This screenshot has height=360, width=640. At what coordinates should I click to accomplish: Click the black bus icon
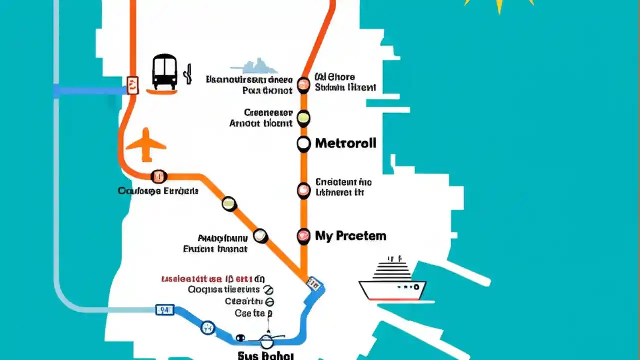(x=164, y=72)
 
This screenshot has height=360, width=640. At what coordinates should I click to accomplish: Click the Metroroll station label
(x=345, y=144)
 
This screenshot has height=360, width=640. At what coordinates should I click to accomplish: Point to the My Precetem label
(x=350, y=236)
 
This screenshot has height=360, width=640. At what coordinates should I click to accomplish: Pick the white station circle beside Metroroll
(x=303, y=144)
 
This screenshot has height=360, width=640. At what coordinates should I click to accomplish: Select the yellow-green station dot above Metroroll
(x=303, y=118)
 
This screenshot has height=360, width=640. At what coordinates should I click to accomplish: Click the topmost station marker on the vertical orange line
(x=303, y=85)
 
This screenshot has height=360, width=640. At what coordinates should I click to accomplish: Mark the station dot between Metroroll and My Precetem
(x=303, y=190)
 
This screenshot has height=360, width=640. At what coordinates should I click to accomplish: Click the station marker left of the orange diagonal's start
(x=158, y=176)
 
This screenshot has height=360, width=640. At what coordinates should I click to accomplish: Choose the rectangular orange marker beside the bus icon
(x=132, y=85)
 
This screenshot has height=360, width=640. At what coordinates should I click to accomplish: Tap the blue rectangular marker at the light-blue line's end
(x=165, y=310)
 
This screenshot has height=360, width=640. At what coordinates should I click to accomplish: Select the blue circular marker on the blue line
(x=207, y=328)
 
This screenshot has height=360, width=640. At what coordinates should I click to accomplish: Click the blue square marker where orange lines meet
(x=314, y=284)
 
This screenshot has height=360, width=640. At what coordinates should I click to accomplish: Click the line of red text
(x=213, y=279)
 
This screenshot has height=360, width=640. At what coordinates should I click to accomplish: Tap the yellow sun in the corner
(x=498, y=5)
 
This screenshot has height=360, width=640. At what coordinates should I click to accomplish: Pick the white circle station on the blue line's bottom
(x=267, y=341)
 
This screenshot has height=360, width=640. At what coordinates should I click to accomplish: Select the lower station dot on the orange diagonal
(x=260, y=236)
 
